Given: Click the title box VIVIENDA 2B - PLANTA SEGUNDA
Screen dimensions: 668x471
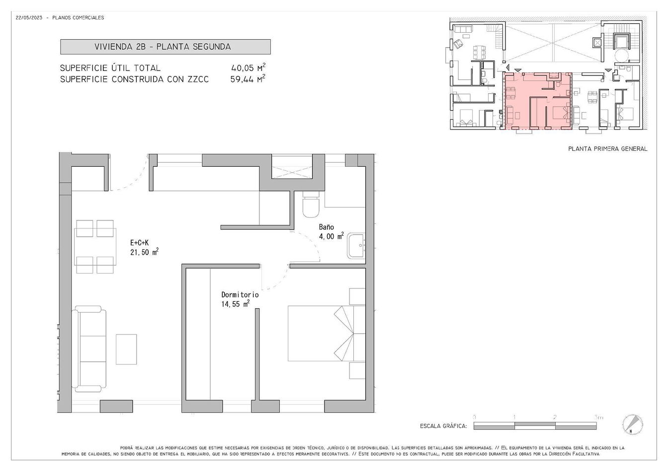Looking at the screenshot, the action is pos(165,47).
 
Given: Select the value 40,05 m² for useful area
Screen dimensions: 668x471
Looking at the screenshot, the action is pos(249,67).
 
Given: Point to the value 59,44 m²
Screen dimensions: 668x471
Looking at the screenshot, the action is pos(248,79).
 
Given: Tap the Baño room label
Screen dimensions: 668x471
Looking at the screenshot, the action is pos(326,227).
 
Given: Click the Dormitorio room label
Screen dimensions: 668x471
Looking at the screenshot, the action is pos(240,295).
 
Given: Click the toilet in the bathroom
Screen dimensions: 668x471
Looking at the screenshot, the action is pos(311,204).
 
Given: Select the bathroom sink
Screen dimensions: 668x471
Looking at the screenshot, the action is pos(356,246).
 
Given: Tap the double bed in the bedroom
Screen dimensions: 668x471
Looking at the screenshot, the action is pos(326,334).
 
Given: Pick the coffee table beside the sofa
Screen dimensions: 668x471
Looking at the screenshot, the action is pos(126,349).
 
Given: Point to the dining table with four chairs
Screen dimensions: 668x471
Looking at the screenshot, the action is pos(95,247).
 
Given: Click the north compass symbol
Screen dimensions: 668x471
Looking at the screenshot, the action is pos(633,424).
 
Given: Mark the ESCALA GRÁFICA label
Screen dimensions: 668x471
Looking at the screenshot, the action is pos(443,426).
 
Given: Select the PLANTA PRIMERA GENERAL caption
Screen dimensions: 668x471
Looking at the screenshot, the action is pos(608,148).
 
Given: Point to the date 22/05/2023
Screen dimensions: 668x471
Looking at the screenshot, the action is pos(29,17).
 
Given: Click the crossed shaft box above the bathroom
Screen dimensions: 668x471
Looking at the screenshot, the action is pos(292,173).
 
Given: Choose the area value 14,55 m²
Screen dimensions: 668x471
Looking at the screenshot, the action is pos(235,304).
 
